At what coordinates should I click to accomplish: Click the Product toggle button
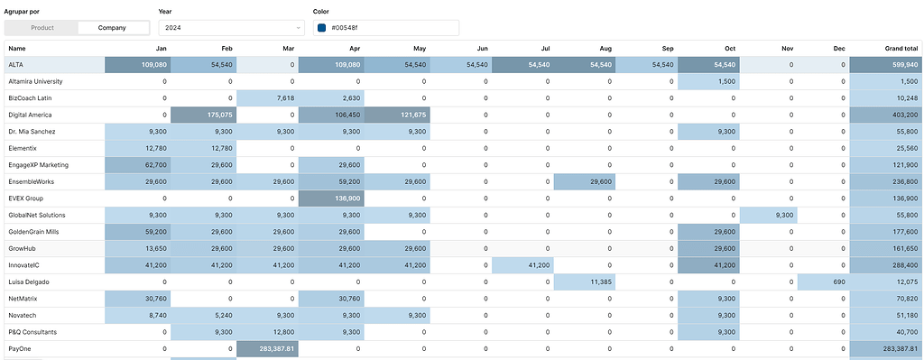[x=42, y=28]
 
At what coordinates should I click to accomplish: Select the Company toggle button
[x=112, y=28]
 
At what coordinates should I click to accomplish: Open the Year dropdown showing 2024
[x=230, y=28]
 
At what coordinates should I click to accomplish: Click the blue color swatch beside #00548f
[x=322, y=28]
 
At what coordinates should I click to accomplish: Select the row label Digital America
[x=30, y=115]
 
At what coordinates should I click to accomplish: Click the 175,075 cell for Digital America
[x=204, y=115]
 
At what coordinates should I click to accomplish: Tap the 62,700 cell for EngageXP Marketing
[x=136, y=165]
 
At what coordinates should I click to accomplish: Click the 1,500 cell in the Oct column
[x=708, y=81]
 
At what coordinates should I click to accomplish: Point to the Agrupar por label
[x=22, y=11]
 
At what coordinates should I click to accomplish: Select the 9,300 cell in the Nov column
[x=771, y=216]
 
